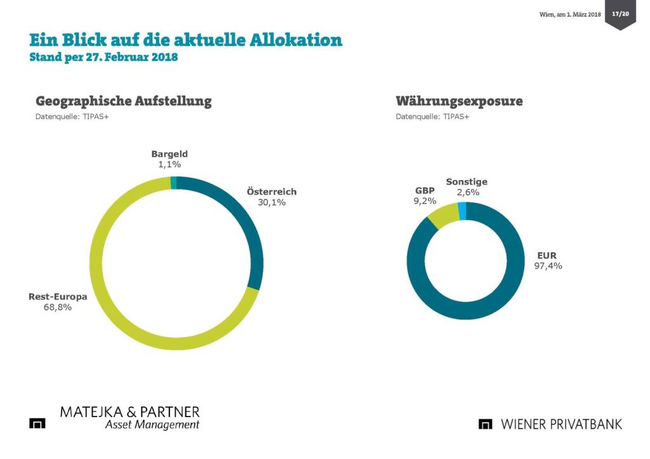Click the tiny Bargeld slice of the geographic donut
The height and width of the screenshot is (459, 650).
pyautogui.click(x=173, y=183)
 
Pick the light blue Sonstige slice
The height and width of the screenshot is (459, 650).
pyautogui.click(x=462, y=211)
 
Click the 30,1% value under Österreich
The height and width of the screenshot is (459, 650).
pyautogui.click(x=271, y=202)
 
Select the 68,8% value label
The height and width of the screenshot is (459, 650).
pyautogui.click(x=57, y=307)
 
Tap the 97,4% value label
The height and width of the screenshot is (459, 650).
pyautogui.click(x=548, y=266)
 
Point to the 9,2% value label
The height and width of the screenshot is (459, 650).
pyautogui.click(x=425, y=201)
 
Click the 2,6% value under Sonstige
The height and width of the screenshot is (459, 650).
pyautogui.click(x=467, y=192)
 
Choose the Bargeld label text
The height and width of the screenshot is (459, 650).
pyautogui.click(x=169, y=154)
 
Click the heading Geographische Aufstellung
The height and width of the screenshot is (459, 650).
pyautogui.click(x=124, y=101)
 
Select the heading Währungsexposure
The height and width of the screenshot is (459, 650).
pyautogui.click(x=459, y=101)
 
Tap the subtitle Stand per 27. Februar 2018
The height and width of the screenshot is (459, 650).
pyautogui.click(x=103, y=58)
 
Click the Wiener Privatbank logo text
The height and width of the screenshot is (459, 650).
pyautogui.click(x=561, y=424)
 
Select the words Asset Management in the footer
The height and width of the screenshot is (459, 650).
pyautogui.click(x=152, y=425)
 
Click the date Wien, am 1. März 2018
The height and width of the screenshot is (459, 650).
pyautogui.click(x=569, y=14)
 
